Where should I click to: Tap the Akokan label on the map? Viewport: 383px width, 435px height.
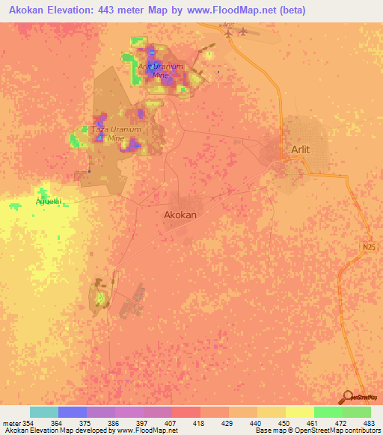pyautogui.click(x=180, y=215)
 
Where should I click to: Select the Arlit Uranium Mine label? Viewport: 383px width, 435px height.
pyautogui.click(x=160, y=70)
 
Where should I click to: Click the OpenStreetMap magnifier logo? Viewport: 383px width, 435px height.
pyautogui.click(x=347, y=398)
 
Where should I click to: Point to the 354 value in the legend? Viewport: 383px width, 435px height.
pyautogui.click(x=25, y=424)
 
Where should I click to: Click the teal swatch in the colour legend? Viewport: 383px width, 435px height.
pyautogui.click(x=43, y=412)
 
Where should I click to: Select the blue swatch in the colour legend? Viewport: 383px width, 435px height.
pyautogui.click(x=72, y=412)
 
